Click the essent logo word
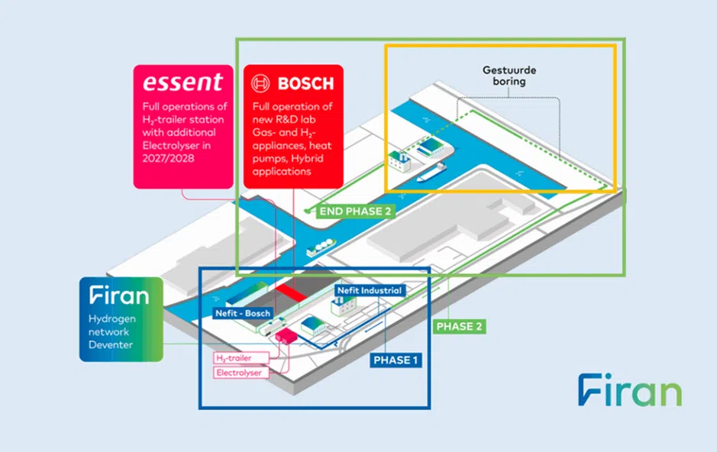point(182,82)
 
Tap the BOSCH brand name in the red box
point(305,82)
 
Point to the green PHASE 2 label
point(459,326)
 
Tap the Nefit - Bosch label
point(243,313)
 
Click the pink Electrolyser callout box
point(241,372)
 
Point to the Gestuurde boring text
point(509,76)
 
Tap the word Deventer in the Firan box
point(111,344)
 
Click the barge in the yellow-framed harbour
point(432,173)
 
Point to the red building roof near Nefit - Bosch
point(289,292)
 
